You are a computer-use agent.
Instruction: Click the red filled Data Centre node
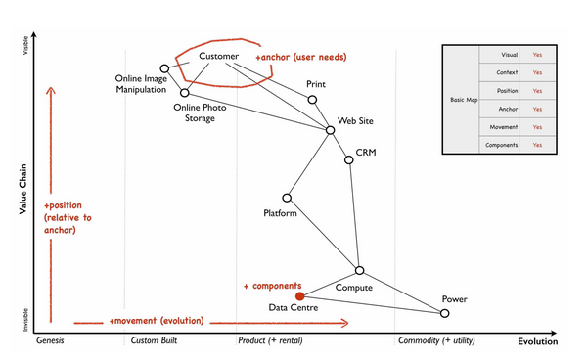point(300,295)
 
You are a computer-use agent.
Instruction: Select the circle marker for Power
point(444,313)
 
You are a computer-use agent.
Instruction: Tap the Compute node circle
point(359,270)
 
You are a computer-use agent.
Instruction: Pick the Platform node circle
point(287,198)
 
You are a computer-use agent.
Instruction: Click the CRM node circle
point(349,159)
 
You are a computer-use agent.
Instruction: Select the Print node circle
point(313,100)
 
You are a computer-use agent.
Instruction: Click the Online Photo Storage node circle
point(184,93)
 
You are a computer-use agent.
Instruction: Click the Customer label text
point(219,57)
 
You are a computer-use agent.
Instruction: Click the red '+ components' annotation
point(273,286)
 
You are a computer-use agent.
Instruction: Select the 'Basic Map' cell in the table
point(458,101)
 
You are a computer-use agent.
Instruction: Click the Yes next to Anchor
point(537,109)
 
